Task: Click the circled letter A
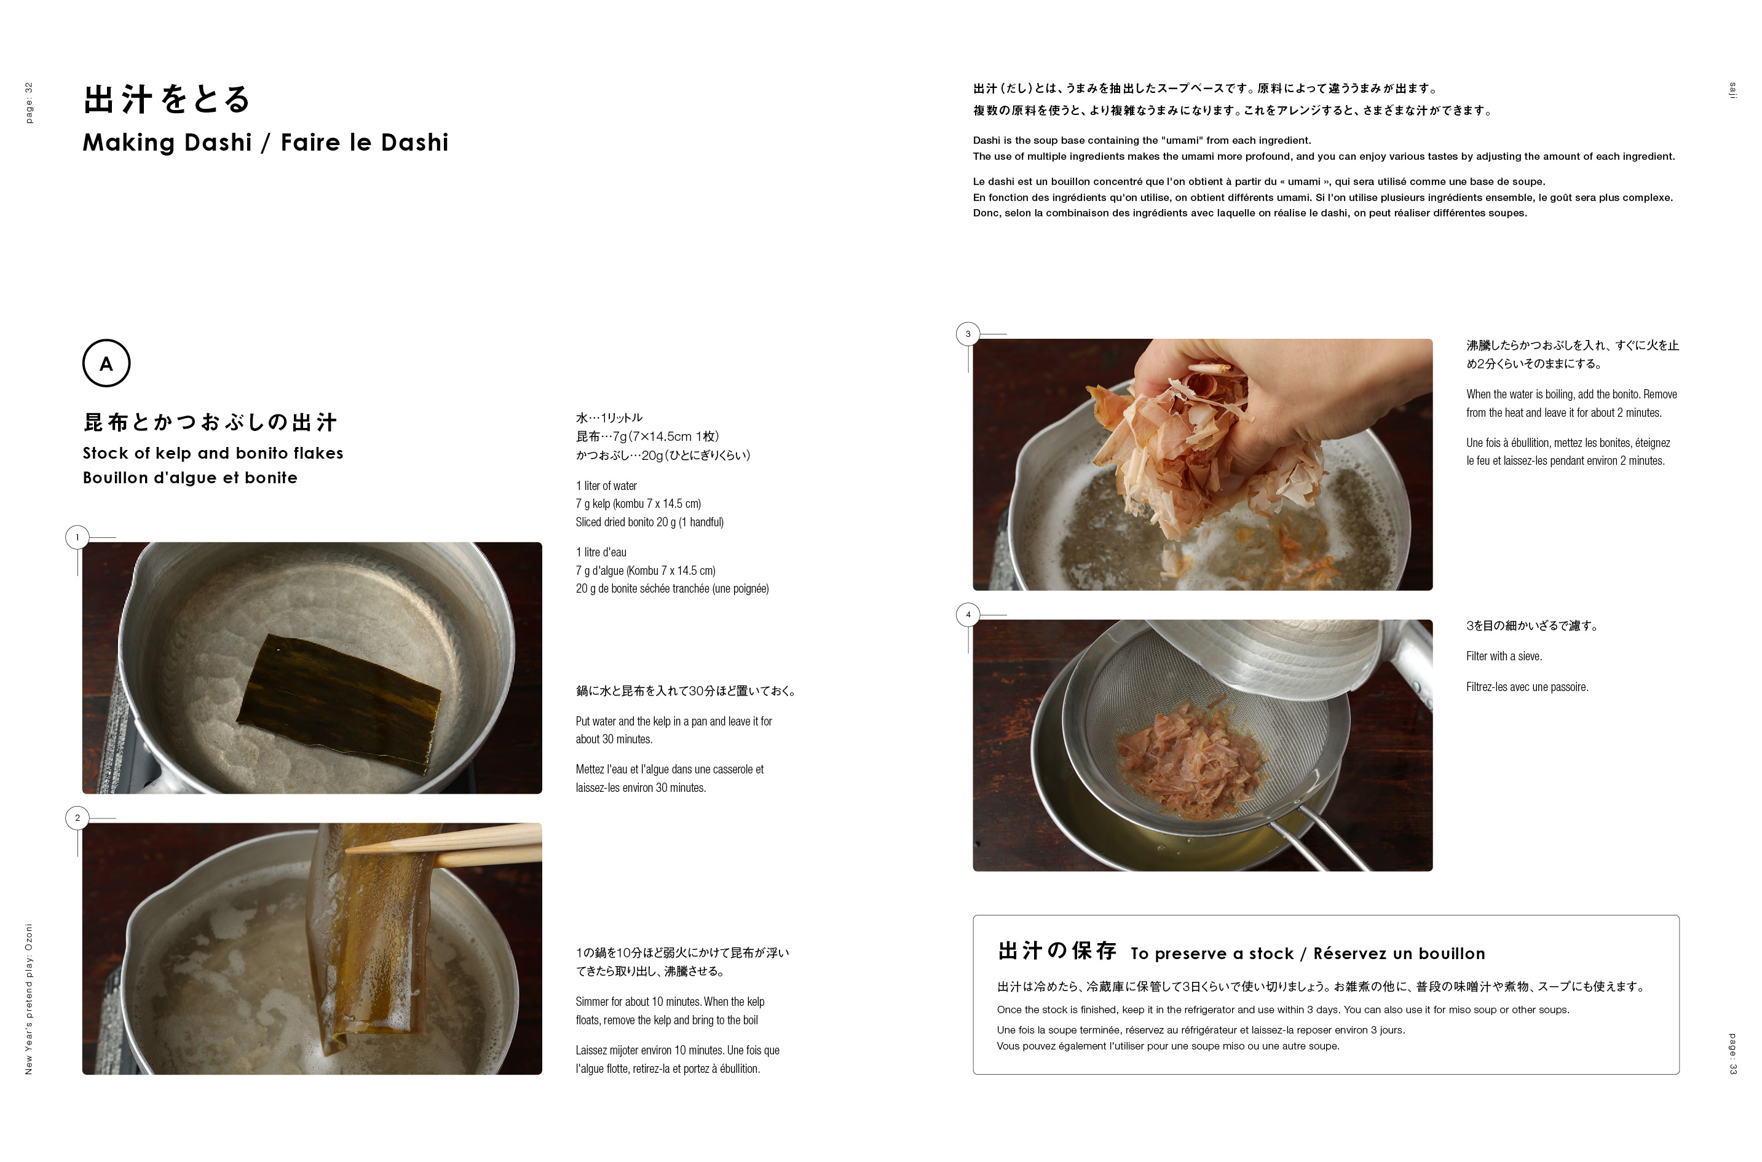click(x=106, y=363)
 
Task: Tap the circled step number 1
click(x=77, y=537)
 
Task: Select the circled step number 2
click(x=77, y=818)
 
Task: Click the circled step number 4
click(x=968, y=615)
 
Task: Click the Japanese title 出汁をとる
click(x=167, y=100)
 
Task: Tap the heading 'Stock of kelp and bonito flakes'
click(x=213, y=453)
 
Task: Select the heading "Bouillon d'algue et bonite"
click(x=190, y=478)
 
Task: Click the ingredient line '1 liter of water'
click(x=606, y=486)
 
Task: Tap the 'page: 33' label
click(x=1732, y=1054)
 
